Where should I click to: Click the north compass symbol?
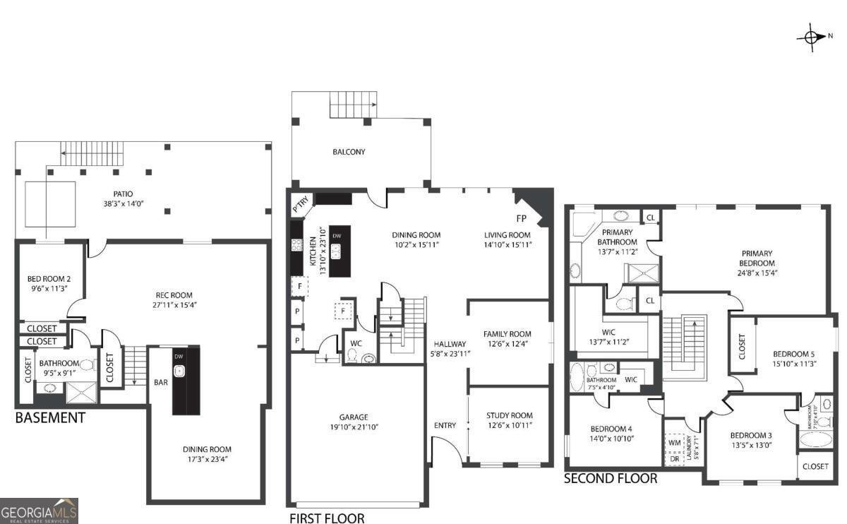pos(812,37)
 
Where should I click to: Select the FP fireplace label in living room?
pos(522,218)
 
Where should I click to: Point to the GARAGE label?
pos(353,417)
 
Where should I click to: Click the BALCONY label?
pos(349,152)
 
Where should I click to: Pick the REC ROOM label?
pos(174,295)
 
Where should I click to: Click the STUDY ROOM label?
pos(509,415)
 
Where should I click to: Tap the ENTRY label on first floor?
pos(445,425)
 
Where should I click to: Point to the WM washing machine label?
pos(674,443)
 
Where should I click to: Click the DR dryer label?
pos(674,458)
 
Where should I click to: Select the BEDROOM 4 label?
pos(611,429)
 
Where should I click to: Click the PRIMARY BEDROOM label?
pos(757,258)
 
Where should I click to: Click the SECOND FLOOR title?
pos(611,479)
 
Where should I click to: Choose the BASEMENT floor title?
pos(50,418)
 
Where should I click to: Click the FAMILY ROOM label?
pos(507,334)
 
